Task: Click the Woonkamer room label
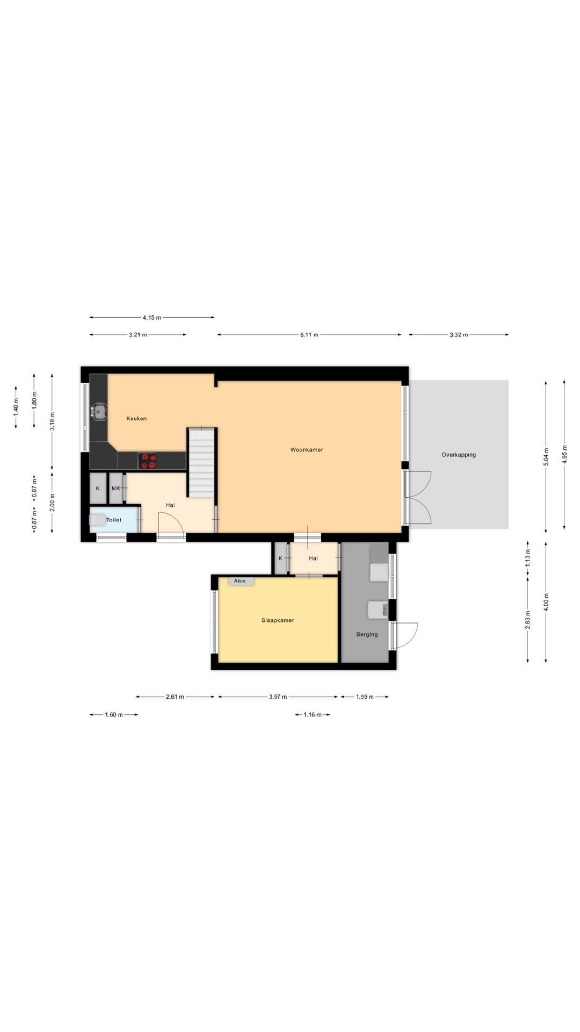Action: pos(307,450)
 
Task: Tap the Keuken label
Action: pos(136,419)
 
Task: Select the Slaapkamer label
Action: pos(278,620)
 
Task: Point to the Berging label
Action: pos(367,634)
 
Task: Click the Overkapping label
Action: pos(459,455)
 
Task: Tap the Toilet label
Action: pos(114,520)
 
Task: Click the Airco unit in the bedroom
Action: pos(240,581)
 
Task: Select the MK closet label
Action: pos(116,489)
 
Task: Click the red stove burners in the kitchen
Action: pos(148,461)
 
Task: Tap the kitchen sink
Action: pos(99,411)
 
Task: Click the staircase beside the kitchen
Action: pos(201,462)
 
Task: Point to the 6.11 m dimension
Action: pos(309,335)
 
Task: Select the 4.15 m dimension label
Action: pos(152,318)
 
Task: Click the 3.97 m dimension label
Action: pos(278,697)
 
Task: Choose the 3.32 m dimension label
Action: pos(459,335)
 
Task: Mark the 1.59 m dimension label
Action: pos(365,697)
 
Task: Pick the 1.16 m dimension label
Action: pos(313,715)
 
